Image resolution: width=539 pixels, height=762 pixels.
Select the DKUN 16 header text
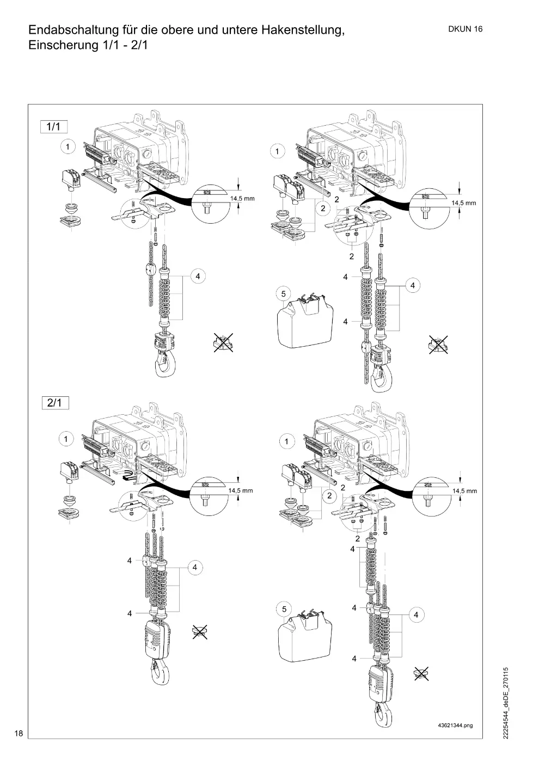(x=465, y=29)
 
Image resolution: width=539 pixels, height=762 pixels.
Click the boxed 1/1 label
(x=54, y=127)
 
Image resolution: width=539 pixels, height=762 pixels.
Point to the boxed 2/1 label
(x=55, y=403)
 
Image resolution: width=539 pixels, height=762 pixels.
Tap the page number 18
(x=19, y=733)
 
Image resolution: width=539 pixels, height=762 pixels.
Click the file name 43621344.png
(x=455, y=726)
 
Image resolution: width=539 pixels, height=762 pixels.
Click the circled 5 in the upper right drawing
(x=284, y=294)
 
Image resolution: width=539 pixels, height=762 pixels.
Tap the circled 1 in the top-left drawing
(x=68, y=147)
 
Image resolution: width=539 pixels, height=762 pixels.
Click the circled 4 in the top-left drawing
(x=198, y=276)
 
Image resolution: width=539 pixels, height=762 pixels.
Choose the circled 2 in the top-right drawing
(x=323, y=208)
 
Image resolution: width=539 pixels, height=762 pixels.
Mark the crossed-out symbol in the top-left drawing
(x=223, y=342)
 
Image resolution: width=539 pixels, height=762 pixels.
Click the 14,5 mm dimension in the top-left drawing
(x=242, y=199)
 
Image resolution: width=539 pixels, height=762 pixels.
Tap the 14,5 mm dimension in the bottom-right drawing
(x=464, y=491)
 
